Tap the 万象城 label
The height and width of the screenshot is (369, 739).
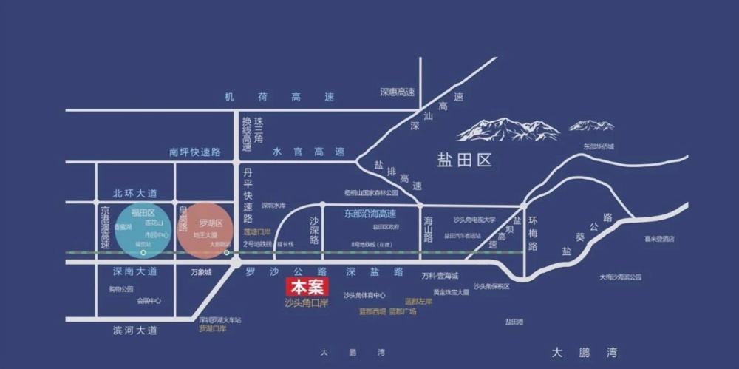tap(200, 273)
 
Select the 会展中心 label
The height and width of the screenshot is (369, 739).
tap(149, 301)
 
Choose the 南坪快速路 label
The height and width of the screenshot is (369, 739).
tap(195, 152)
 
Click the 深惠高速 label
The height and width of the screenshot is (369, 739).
tap(398, 92)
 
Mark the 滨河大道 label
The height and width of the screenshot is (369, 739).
tap(135, 331)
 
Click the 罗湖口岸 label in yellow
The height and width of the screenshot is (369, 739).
tap(212, 328)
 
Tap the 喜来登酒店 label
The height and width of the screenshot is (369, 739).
tap(659, 239)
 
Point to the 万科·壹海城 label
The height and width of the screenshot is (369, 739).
tap(440, 276)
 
